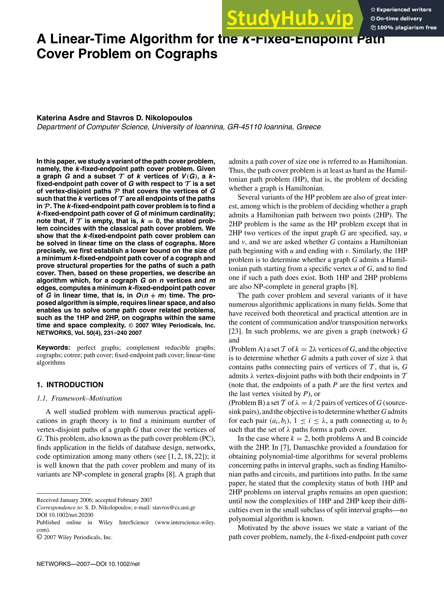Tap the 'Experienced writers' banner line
(401, 10)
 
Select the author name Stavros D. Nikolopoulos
(149, 118)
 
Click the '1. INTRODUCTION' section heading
(70, 385)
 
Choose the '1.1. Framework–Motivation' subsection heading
(79, 398)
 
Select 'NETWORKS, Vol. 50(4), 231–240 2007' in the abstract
(89, 333)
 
